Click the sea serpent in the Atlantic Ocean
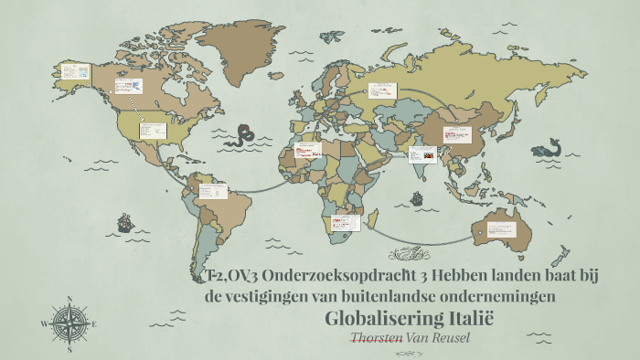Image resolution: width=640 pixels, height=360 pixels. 243,136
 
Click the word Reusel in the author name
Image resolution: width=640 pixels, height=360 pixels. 454,338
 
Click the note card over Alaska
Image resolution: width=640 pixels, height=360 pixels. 74,71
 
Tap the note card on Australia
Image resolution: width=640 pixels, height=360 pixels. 502,228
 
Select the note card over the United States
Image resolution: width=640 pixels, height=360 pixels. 152,131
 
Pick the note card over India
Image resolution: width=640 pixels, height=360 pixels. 423,154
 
